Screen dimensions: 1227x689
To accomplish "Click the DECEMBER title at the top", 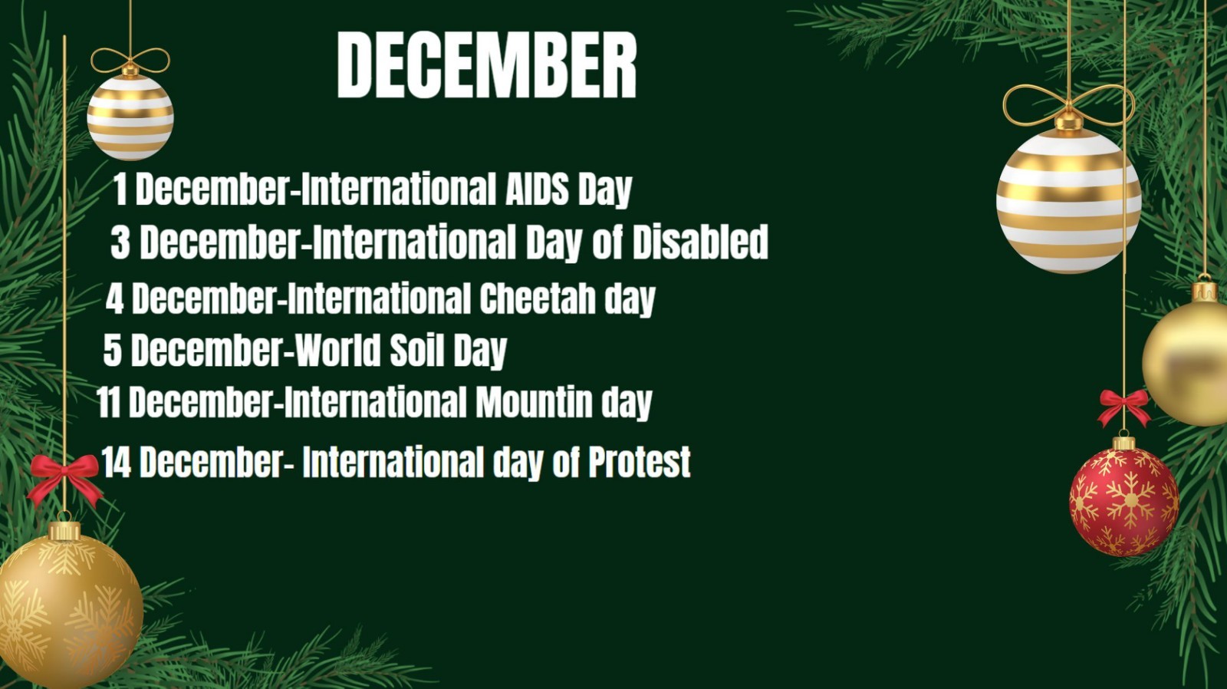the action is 486,64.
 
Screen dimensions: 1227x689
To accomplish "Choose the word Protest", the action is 640,462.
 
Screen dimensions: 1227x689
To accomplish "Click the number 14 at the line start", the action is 116,462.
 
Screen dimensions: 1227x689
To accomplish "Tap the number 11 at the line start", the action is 108,402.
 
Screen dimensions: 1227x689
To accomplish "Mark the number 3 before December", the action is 120,242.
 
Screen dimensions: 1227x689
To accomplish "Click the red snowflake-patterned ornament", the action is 1124,500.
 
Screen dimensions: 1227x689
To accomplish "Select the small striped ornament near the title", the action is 130,117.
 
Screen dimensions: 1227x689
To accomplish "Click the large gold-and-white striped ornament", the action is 1069,200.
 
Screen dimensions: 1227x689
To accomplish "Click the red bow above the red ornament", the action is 1124,407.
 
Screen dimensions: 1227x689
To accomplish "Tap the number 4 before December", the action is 114,298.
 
